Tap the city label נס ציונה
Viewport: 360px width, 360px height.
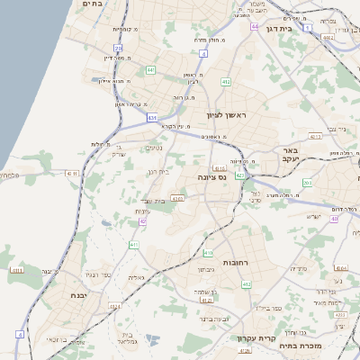(210, 178)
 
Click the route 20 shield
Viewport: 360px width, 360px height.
(118, 49)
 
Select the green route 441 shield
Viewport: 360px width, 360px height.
(150, 70)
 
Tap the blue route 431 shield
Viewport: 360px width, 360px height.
(152, 118)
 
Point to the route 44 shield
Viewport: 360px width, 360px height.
(255, 26)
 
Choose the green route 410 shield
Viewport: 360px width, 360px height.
(208, 253)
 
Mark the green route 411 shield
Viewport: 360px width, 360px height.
(134, 244)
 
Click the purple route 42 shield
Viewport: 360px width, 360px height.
(142, 220)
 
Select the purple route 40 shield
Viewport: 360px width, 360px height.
(333, 219)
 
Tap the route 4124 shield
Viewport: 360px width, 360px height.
(328, 37)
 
